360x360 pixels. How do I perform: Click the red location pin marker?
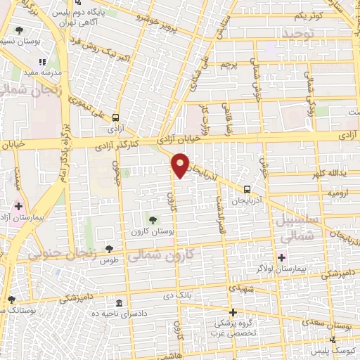pyautogui.click(x=180, y=165)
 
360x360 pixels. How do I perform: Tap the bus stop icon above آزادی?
pyautogui.click(x=115, y=118)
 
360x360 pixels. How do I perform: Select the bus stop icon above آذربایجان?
pyautogui.click(x=247, y=188)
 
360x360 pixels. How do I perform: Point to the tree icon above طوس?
pyautogui.click(x=110, y=248)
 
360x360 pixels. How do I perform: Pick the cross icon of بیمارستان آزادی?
pyautogui.click(x=19, y=207)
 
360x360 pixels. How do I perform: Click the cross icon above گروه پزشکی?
pyautogui.click(x=233, y=312)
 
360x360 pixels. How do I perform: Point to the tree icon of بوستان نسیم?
pyautogui.click(x=19, y=30)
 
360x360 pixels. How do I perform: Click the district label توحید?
pyautogui.click(x=295, y=33)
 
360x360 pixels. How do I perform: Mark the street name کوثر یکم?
pyautogui.click(x=307, y=15)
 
